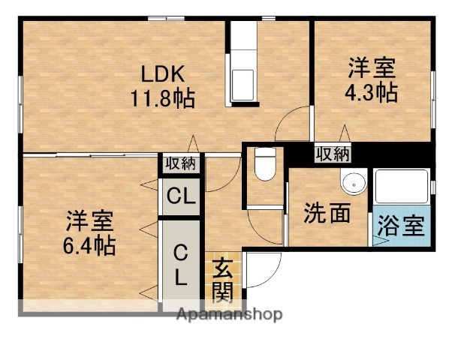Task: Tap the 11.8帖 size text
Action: click(x=164, y=97)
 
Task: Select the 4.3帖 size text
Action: click(x=372, y=92)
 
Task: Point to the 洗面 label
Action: click(x=327, y=214)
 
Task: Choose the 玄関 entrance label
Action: click(x=221, y=279)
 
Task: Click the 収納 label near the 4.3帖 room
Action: click(x=332, y=154)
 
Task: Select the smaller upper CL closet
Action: click(x=181, y=197)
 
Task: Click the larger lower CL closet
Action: click(x=181, y=264)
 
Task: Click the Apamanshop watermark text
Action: click(x=228, y=315)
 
